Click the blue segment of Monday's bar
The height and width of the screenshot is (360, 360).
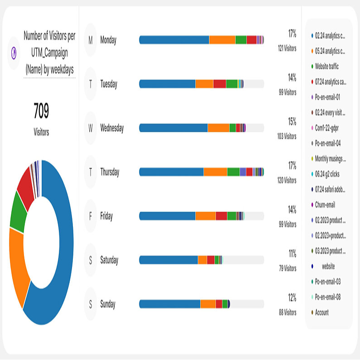(174, 40)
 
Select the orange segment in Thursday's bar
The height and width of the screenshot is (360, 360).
(215, 172)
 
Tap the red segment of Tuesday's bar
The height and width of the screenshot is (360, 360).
(220, 84)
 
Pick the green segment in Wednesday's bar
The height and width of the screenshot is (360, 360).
(232, 128)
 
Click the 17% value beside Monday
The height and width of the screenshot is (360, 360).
(292, 34)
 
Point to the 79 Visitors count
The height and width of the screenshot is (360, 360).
(287, 269)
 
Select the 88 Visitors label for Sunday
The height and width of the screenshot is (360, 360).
(287, 312)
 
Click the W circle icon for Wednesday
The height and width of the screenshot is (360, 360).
(91, 128)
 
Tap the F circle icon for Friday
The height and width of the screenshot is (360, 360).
(91, 216)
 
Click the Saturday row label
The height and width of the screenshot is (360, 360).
(109, 260)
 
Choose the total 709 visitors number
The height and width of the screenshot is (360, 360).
(41, 111)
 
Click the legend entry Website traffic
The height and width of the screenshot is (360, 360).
(326, 67)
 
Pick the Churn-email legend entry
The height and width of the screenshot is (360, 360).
(325, 205)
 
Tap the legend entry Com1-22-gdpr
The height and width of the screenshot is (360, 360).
(326, 128)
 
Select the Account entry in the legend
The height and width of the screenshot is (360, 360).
(322, 312)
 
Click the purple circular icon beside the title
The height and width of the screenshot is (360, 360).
(14, 53)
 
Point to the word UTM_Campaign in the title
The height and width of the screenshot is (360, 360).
(50, 53)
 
